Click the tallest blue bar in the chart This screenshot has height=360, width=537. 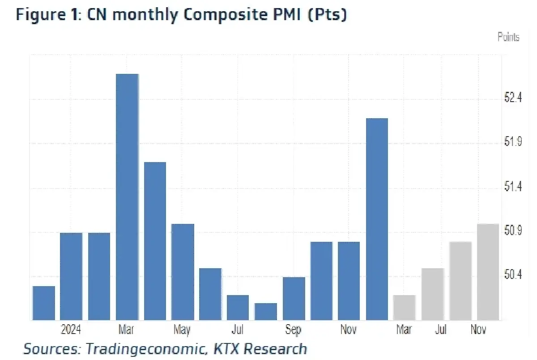pos(127,197)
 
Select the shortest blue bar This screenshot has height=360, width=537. pos(266,312)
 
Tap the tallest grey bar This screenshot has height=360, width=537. pos(488,272)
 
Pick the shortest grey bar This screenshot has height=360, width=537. pos(405,308)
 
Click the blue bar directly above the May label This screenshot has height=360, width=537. pos(183,272)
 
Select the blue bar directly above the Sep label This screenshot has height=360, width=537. pos(294,299)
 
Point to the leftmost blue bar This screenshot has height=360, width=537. pos(44,303)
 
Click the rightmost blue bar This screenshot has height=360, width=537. pos(377,219)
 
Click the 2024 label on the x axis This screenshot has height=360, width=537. pos(71,330)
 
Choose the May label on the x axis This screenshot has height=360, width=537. pos(182,330)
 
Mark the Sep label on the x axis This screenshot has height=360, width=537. pos(293,330)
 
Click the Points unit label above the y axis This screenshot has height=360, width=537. pos(508,37)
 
